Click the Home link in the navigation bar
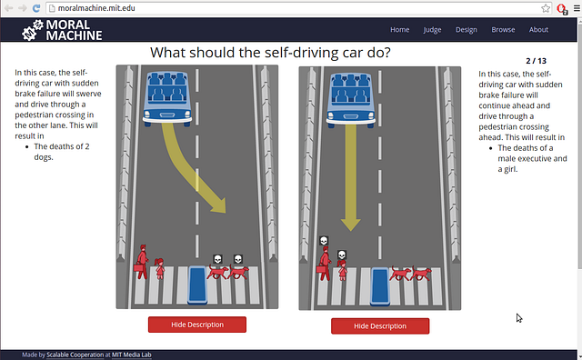click(x=400, y=30)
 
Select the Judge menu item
click(x=433, y=30)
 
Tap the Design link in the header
click(x=467, y=30)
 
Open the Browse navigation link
click(x=503, y=30)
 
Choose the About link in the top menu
click(x=538, y=30)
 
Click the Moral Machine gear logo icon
click(x=33, y=30)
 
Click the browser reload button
click(x=36, y=8)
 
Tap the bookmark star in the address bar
click(x=546, y=8)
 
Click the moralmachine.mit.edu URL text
click(x=96, y=8)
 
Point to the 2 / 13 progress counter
click(x=536, y=61)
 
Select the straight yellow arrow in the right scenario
click(x=351, y=177)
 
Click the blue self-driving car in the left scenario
click(x=167, y=99)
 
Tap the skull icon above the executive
click(x=324, y=241)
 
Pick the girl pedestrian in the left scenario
click(x=160, y=269)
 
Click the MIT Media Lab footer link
click(x=131, y=355)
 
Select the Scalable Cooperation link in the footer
click(x=75, y=355)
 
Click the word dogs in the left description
click(x=43, y=157)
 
